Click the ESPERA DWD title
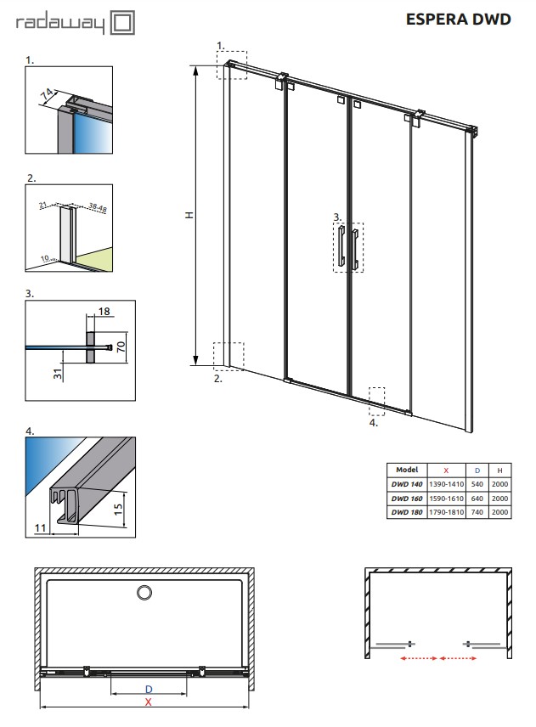click(458, 19)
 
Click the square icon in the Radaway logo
click(123, 23)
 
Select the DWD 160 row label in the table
click(407, 499)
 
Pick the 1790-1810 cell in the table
click(446, 512)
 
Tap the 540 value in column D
click(477, 484)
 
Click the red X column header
click(446, 471)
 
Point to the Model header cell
click(407, 470)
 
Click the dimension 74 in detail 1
click(47, 94)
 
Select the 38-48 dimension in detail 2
click(98, 208)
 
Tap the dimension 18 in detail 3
click(104, 311)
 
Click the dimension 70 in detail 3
click(121, 346)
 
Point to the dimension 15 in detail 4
click(118, 509)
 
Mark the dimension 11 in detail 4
click(40, 527)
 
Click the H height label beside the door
click(189, 215)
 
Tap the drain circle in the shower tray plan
click(144, 592)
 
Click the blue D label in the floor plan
click(149, 690)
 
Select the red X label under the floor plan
click(149, 702)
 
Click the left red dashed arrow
click(419, 658)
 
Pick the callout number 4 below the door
click(373, 422)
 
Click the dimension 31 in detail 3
click(58, 374)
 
